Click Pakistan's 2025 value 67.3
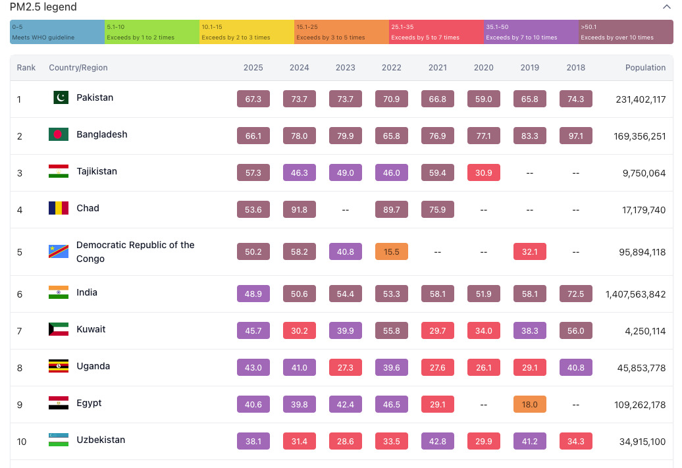click(253, 99)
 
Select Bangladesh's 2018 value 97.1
click(576, 136)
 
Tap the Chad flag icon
click(59, 208)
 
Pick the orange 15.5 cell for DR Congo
click(392, 251)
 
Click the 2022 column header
click(392, 67)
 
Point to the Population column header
click(645, 67)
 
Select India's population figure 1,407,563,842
click(635, 294)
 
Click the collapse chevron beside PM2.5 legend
click(666, 7)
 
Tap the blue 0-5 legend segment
click(57, 32)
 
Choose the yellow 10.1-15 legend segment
click(247, 32)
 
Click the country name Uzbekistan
click(101, 440)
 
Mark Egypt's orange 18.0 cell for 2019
click(530, 404)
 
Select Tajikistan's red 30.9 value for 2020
click(484, 172)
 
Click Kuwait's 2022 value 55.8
click(392, 330)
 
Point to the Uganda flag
click(59, 366)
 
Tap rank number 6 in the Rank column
click(20, 294)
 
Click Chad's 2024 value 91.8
click(300, 209)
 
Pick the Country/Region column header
click(78, 67)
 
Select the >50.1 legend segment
click(626, 32)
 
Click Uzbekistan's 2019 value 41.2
click(530, 441)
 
